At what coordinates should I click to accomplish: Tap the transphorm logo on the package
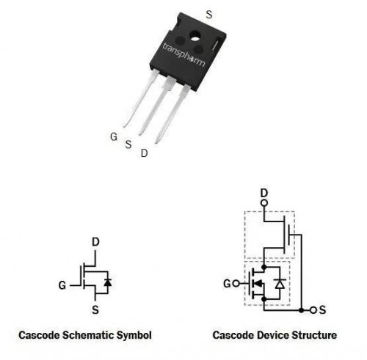point(183,55)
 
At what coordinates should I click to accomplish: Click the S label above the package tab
point(209,15)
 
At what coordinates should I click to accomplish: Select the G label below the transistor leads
point(114,136)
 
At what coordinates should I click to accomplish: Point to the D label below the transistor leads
point(145,153)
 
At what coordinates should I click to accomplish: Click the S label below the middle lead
point(128,144)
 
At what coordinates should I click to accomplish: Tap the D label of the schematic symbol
point(95,242)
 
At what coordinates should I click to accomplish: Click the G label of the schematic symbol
point(62,285)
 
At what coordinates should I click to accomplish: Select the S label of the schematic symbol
point(95,310)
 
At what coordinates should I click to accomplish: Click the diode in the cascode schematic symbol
point(108,282)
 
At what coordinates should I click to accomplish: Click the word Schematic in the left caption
point(88,335)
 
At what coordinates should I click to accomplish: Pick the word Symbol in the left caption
point(134,335)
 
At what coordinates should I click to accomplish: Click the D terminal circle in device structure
point(264,203)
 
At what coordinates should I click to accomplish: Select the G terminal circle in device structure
point(236,284)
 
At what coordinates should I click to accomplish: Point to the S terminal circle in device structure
point(313,310)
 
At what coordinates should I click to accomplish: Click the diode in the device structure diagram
point(280,283)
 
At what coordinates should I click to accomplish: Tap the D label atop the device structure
point(264,194)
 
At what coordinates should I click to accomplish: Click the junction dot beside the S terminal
point(302,310)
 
